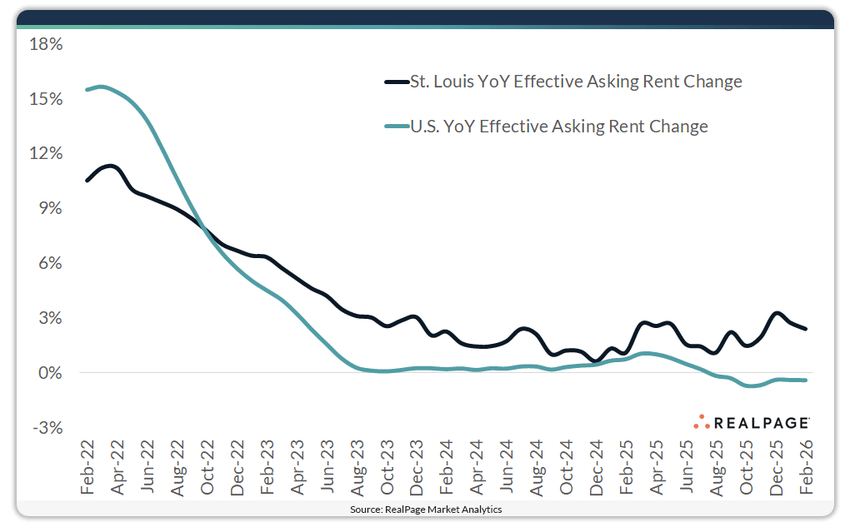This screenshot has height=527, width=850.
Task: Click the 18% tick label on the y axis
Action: click(46, 44)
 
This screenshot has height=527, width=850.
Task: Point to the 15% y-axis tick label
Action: click(46, 99)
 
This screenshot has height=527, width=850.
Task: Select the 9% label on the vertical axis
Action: click(50, 208)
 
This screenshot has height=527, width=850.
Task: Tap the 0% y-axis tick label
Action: click(50, 373)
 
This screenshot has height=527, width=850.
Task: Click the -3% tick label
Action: click(47, 428)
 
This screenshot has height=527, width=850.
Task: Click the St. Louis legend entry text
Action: click(575, 82)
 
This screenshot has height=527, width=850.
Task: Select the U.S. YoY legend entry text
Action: click(558, 127)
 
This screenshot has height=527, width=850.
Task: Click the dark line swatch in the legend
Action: click(396, 82)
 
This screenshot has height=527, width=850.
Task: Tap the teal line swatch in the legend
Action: click(396, 127)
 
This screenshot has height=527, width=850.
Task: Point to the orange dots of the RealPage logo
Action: click(701, 421)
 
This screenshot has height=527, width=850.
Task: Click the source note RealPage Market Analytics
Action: click(426, 509)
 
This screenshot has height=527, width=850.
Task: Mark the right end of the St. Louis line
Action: click(805, 329)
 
